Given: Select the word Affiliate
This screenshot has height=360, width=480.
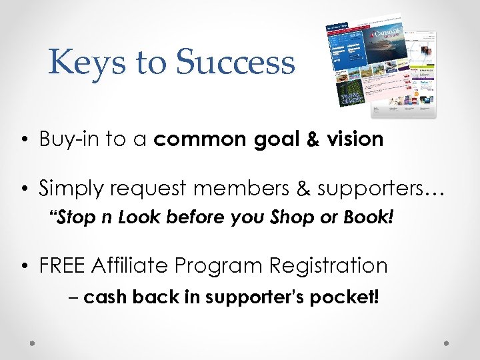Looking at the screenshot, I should (x=133, y=265).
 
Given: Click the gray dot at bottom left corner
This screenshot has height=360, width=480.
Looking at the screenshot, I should (x=32, y=342).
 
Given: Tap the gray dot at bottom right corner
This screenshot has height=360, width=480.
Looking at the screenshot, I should (x=447, y=342).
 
